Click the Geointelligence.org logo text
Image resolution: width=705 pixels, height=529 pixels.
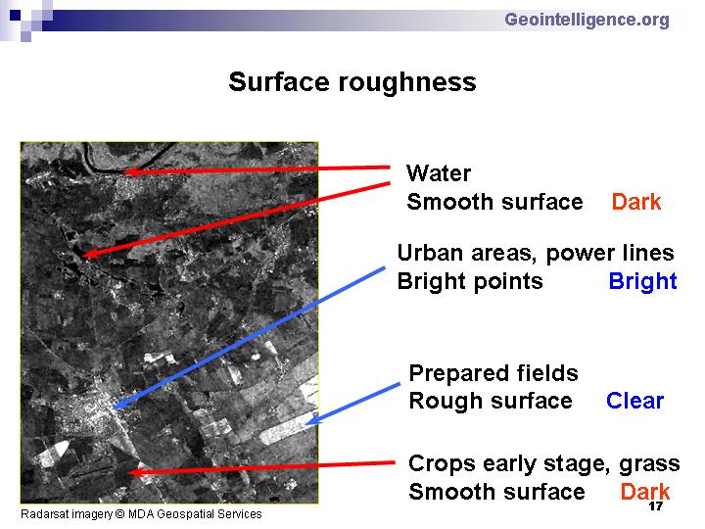(587, 20)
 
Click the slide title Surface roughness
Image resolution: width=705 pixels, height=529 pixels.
(352, 82)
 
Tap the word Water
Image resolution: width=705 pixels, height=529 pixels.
(439, 173)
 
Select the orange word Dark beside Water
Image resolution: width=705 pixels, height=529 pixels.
(636, 202)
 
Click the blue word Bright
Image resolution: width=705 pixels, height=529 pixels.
(642, 281)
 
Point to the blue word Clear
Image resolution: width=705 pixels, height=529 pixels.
(634, 401)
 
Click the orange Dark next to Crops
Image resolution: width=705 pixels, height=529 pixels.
(645, 491)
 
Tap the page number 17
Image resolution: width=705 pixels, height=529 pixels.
(655, 506)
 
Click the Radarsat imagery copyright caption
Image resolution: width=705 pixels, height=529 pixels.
(141, 514)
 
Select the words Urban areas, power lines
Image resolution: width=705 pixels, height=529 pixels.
(536, 254)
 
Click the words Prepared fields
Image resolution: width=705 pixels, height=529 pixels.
(493, 373)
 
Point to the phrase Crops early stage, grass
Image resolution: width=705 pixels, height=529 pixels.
(544, 463)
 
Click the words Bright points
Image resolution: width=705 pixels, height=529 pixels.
(470, 281)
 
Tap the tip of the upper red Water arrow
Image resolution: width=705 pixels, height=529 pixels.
(123, 171)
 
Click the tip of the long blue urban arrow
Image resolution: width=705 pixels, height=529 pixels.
(115, 408)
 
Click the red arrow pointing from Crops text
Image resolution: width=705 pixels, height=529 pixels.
(260, 468)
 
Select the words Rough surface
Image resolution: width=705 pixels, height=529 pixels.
(491, 401)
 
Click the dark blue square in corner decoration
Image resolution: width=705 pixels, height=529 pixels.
(15, 16)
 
